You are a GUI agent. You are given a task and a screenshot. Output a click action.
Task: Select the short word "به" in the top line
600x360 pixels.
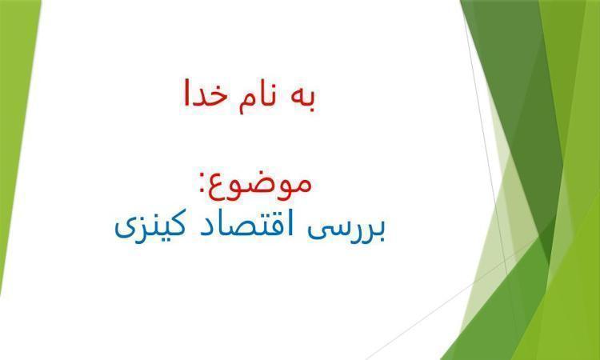[303, 98]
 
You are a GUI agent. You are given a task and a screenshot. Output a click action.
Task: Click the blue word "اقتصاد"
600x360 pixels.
[245, 224]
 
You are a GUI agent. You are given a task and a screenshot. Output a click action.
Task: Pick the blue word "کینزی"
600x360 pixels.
[150, 226]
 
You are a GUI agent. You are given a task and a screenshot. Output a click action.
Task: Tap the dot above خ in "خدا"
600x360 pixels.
[217, 81]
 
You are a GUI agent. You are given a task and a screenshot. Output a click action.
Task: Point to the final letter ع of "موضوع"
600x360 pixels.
[220, 188]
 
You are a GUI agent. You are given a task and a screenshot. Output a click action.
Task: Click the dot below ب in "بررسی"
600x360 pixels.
[380, 241]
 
